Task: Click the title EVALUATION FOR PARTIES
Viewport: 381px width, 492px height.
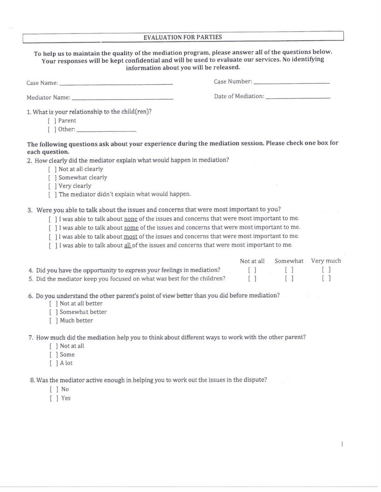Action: click(183, 37)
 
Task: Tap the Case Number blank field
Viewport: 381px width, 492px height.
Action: click(291, 82)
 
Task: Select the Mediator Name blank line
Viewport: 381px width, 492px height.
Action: click(122, 98)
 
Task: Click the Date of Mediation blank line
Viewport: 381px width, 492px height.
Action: click(297, 97)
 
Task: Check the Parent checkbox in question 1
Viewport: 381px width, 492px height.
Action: click(52, 121)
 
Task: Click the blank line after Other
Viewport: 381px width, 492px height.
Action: click(106, 130)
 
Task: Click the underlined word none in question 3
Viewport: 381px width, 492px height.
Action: click(131, 219)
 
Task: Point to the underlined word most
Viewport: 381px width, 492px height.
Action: click(131, 236)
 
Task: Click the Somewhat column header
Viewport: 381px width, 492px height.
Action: click(289, 261)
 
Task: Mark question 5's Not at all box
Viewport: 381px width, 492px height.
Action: click(252, 279)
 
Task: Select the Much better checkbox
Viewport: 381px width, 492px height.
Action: click(53, 321)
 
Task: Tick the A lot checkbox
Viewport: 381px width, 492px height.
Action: click(53, 363)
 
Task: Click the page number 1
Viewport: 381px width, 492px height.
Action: click(342, 444)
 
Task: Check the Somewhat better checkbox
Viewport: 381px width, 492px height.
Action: click(53, 312)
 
